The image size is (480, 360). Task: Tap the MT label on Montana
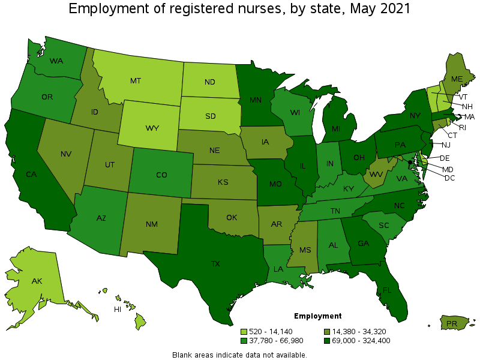click(x=136, y=80)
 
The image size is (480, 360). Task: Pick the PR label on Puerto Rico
click(x=451, y=324)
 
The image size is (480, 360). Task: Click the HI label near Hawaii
click(x=118, y=310)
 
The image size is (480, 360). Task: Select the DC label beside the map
click(x=449, y=179)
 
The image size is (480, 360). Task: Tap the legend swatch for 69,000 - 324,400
click(x=327, y=341)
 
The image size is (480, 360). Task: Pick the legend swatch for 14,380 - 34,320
click(x=327, y=331)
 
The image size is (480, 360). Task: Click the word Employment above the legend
click(x=317, y=316)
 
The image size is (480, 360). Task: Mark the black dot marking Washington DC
click(x=410, y=162)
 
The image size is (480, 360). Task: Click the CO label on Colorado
click(x=161, y=175)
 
